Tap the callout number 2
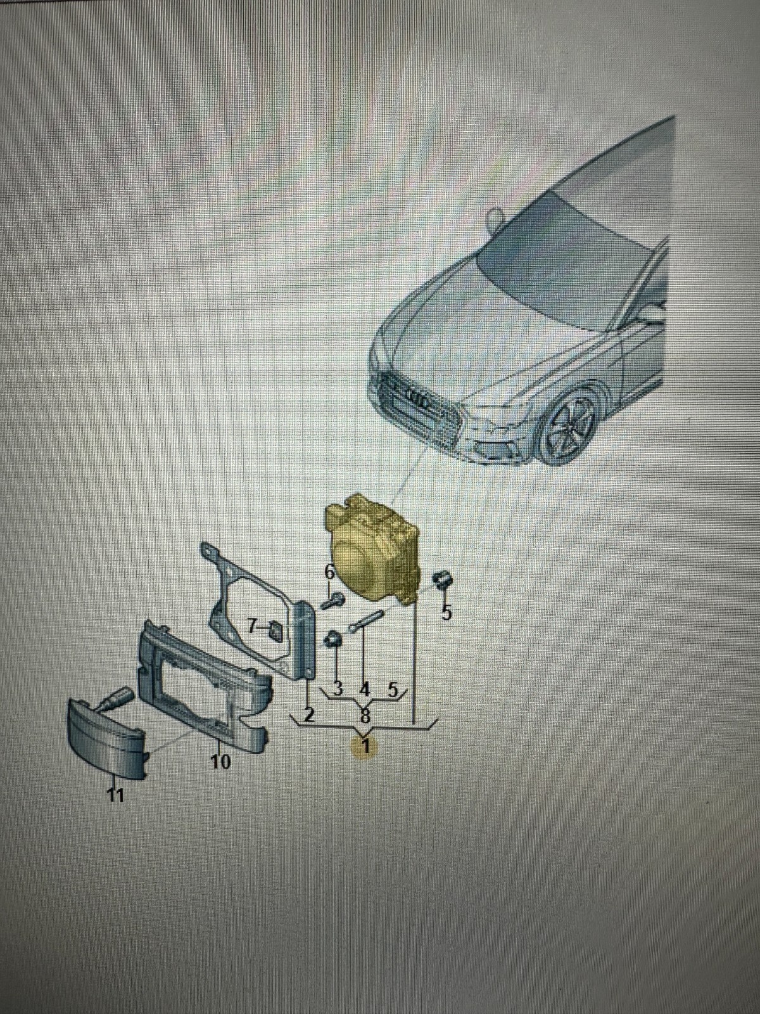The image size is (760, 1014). click(308, 714)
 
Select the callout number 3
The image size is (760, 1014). click(337, 688)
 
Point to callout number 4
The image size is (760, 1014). click(365, 688)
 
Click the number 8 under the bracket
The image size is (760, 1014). click(365, 717)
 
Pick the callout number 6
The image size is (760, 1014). click(329, 571)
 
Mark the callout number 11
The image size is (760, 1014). click(115, 795)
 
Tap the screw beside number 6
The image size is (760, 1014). click(333, 600)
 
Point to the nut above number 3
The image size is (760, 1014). click(333, 640)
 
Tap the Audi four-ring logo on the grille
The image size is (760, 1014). click(419, 399)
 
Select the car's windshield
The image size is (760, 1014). click(564, 253)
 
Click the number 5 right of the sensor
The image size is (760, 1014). click(447, 612)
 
